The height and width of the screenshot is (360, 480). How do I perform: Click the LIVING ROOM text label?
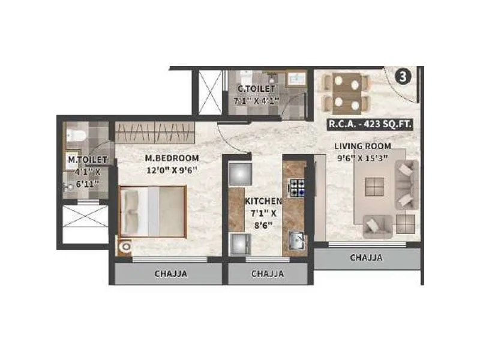point(363,146)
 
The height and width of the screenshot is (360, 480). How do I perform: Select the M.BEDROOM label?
point(172,158)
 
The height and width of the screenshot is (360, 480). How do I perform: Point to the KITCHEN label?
point(263,202)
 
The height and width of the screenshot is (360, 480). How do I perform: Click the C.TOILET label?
point(256,89)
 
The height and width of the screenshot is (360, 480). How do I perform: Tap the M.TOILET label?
point(87,160)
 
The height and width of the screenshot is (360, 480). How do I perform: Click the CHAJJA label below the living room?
point(366,258)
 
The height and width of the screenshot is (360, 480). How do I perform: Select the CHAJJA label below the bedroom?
point(171,274)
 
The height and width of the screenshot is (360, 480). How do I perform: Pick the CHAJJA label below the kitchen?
point(268,274)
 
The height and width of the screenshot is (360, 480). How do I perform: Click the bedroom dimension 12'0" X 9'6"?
point(172,169)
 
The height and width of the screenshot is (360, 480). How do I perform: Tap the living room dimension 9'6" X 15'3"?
point(363,157)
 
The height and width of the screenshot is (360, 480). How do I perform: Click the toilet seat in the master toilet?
point(73,134)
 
